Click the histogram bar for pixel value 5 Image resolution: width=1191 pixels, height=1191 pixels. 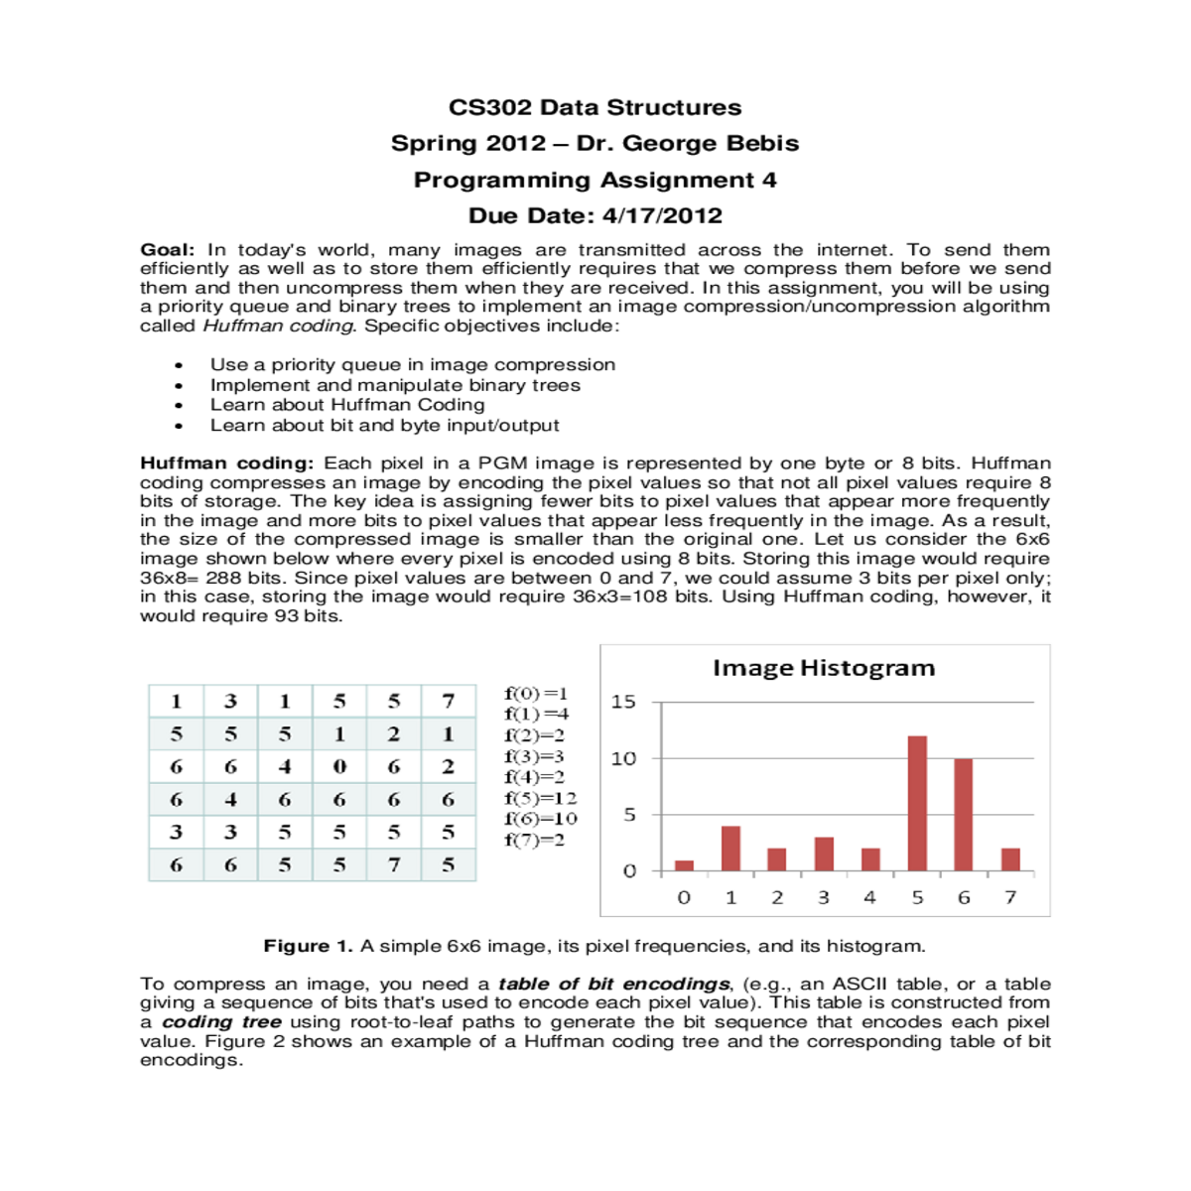pyautogui.click(x=917, y=804)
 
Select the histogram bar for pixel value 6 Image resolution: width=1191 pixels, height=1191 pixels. pyautogui.click(x=963, y=815)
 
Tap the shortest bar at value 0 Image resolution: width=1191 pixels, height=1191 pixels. pyautogui.click(x=684, y=865)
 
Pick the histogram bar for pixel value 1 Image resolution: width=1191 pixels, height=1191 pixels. pyautogui.click(x=730, y=849)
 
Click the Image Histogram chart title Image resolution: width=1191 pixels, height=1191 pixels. pyautogui.click(x=824, y=668)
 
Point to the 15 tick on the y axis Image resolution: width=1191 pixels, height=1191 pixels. pyautogui.click(x=623, y=702)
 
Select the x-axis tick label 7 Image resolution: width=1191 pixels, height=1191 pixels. pyautogui.click(x=1010, y=897)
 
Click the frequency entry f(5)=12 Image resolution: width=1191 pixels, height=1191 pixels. pyautogui.click(x=540, y=798)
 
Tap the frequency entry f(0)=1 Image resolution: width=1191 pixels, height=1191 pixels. pyautogui.click(x=536, y=694)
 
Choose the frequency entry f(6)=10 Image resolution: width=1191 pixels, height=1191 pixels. pyautogui.click(x=540, y=819)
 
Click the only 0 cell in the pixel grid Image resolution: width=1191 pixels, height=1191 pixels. pyautogui.click(x=339, y=766)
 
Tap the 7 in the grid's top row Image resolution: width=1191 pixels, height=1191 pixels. pyautogui.click(x=448, y=701)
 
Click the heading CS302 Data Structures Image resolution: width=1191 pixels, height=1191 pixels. pyautogui.click(x=595, y=107)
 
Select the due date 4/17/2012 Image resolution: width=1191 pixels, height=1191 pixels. pyautogui.click(x=662, y=215)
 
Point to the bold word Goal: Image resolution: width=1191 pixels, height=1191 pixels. pyautogui.click(x=167, y=250)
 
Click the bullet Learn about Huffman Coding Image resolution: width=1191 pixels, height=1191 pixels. pyautogui.click(x=347, y=405)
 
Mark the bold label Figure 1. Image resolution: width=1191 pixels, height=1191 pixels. pyautogui.click(x=308, y=946)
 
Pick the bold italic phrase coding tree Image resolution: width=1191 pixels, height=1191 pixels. pyautogui.click(x=221, y=1022)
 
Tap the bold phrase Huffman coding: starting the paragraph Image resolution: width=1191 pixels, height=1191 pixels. pyautogui.click(x=226, y=463)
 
